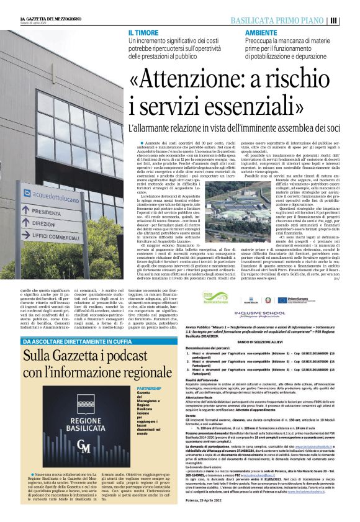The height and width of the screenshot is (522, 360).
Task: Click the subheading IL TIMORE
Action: [x=142, y=32]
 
